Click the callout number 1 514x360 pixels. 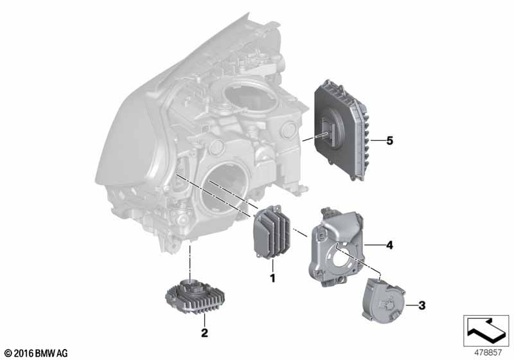(x=272, y=278)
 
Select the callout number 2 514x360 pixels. (x=204, y=333)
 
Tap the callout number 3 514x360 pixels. (x=422, y=305)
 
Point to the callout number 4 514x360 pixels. (x=389, y=245)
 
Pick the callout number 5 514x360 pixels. (x=389, y=141)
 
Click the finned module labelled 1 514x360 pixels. (x=272, y=231)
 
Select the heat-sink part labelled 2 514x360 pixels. (x=195, y=296)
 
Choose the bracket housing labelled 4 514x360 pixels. (x=335, y=248)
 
